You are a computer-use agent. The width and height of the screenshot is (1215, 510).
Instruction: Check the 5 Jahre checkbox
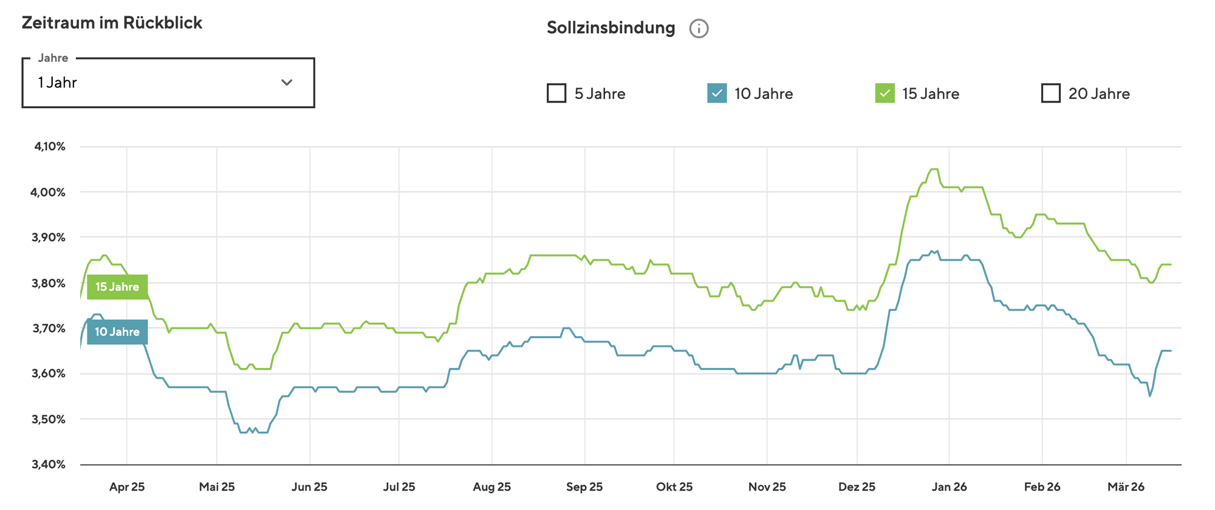coord(556,93)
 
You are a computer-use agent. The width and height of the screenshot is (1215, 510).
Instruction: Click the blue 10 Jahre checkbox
coord(717,93)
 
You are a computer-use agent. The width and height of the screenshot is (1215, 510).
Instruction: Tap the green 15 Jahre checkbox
coord(885,93)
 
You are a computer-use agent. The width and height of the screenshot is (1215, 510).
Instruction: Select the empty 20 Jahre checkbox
coord(1050,93)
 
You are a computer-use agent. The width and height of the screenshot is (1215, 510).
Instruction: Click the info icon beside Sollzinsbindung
coord(699,29)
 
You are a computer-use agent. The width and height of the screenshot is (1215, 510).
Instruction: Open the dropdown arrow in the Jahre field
coord(287,83)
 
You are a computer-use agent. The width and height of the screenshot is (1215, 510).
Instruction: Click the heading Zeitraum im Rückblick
coord(112,23)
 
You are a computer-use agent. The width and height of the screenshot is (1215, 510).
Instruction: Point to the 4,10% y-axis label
coord(50,146)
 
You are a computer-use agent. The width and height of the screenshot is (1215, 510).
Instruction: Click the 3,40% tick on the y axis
coord(50,464)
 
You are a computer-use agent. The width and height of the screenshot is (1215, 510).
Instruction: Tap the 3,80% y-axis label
coord(50,283)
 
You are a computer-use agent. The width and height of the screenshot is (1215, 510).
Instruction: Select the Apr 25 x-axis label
coord(127,487)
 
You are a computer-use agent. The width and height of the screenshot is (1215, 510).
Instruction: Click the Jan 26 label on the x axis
coord(950,487)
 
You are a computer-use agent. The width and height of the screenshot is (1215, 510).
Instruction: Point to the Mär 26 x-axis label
coord(1126,487)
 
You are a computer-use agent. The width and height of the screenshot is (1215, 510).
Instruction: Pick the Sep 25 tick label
coord(584,487)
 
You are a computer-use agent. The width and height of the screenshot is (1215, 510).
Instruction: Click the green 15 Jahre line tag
coord(117,287)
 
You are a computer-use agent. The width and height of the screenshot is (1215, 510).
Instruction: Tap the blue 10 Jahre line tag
coord(117,332)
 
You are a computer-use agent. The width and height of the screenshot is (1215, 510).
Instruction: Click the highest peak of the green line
coord(934,169)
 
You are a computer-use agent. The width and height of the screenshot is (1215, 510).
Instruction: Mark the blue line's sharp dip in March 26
coord(1149,396)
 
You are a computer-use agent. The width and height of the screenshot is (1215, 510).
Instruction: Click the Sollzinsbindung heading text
coord(611,28)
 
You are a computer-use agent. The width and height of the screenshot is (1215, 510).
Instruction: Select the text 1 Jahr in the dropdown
coord(57,83)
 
